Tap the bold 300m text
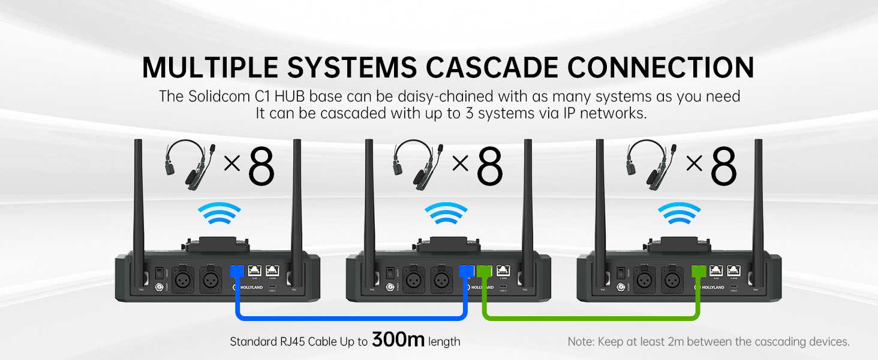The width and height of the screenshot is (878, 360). coord(398,340)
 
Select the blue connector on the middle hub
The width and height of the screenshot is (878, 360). coord(465,271)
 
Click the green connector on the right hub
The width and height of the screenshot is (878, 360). coord(697,271)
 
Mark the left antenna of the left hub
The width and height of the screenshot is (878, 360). coord(139,204)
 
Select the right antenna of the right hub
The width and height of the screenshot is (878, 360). coord(757,204)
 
